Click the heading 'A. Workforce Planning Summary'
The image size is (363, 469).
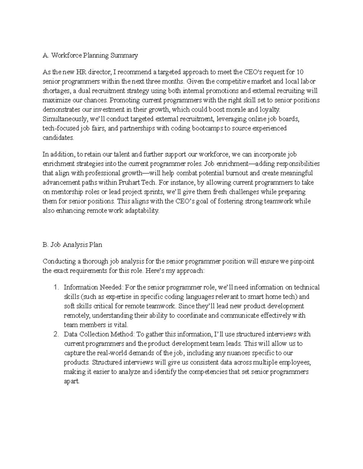pos(90,55)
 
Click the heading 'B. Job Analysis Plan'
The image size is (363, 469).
pos(72,245)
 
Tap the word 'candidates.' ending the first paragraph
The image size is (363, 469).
pos(58,138)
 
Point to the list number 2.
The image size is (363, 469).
pos(56,334)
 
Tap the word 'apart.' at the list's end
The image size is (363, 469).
pos(72,381)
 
